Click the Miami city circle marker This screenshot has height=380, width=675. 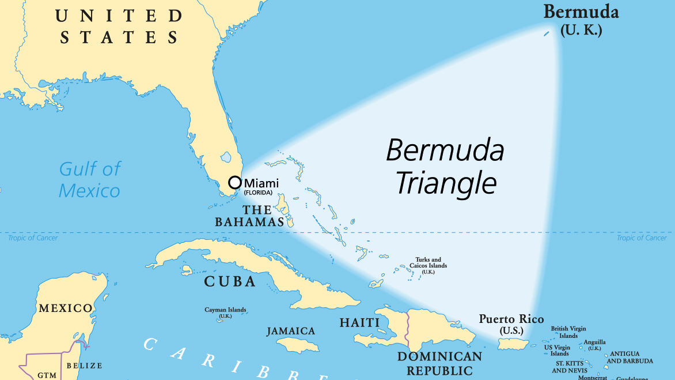coord(235,182)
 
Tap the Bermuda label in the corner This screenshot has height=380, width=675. coord(581,12)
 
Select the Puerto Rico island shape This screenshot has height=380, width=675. coord(513,344)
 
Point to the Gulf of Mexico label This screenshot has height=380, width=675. coord(90,179)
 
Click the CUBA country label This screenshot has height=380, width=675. coord(230,281)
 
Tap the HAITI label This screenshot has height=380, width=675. coord(359,322)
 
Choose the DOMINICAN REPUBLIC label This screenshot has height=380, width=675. coord(439,363)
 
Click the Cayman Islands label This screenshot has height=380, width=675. coord(225,310)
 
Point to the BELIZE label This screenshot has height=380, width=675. coord(84,366)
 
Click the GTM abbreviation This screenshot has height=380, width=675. coord(47,375)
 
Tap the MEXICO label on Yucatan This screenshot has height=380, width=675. coord(65,308)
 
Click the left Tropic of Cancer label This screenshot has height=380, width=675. coord(33,238)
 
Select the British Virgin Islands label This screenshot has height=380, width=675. coord(568,332)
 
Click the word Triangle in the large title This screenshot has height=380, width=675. coord(446,183)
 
